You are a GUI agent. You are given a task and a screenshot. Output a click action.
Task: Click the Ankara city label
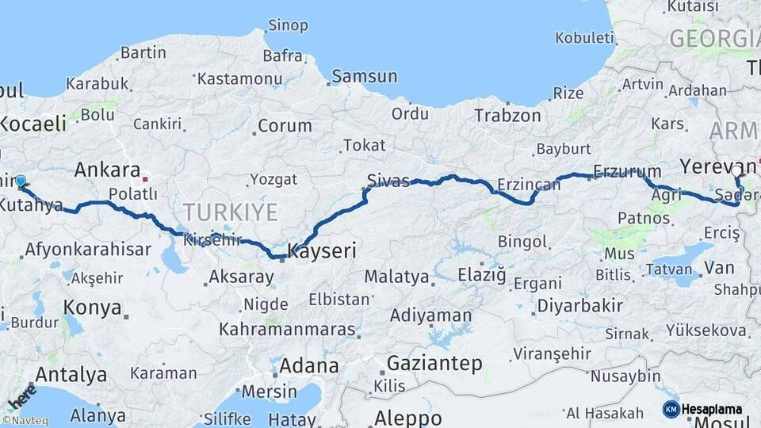[107, 170]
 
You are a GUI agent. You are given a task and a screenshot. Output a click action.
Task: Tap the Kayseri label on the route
[321, 252]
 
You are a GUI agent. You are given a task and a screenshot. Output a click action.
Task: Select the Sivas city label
[388, 180]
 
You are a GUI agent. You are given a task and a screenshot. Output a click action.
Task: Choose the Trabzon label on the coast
[507, 116]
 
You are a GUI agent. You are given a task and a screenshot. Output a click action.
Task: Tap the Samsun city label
[365, 77]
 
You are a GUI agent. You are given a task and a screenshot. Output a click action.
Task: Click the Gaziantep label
[434, 364]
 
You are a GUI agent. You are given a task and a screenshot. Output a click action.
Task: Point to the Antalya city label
[71, 374]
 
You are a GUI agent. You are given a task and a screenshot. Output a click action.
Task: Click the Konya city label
[93, 308]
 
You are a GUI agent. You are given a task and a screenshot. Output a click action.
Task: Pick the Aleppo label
[408, 418]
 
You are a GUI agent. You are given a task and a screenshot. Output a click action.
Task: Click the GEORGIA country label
[713, 38]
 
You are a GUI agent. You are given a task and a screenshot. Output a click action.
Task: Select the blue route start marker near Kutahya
[21, 182]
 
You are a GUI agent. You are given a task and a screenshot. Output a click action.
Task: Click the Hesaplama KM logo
[703, 409]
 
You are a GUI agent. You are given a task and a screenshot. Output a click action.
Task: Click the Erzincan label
[529, 185]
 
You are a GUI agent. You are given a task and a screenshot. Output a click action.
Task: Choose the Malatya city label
[397, 277]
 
